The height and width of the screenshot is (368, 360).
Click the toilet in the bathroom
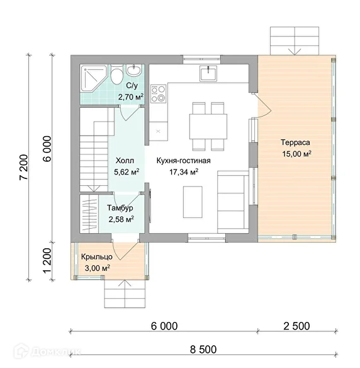tap(116, 74)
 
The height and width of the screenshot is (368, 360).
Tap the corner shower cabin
tap(93, 78)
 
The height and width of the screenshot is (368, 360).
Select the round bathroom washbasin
tap(134, 70)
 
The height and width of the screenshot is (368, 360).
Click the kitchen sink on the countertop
tap(208, 73)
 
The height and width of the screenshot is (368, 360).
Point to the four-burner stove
tap(158, 93)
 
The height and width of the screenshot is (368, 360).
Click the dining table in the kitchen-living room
tap(208, 127)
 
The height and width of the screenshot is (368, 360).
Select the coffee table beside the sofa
tap(193, 202)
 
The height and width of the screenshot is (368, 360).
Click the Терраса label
tap(295, 142)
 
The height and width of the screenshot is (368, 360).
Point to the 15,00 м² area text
tap(296, 154)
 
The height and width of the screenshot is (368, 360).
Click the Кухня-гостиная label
tap(184, 161)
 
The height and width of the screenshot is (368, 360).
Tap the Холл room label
tap(125, 161)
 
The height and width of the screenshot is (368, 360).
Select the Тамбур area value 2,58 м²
tap(121, 219)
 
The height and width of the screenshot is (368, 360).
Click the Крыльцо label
tap(97, 256)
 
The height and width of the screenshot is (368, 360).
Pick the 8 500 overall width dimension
tap(203, 350)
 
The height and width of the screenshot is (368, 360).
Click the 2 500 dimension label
tap(296, 326)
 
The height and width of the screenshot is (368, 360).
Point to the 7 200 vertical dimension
tap(24, 167)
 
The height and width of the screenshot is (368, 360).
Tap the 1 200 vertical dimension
tap(47, 261)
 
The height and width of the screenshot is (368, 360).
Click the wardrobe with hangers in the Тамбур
tap(89, 214)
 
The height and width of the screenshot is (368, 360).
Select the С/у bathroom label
tap(132, 86)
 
